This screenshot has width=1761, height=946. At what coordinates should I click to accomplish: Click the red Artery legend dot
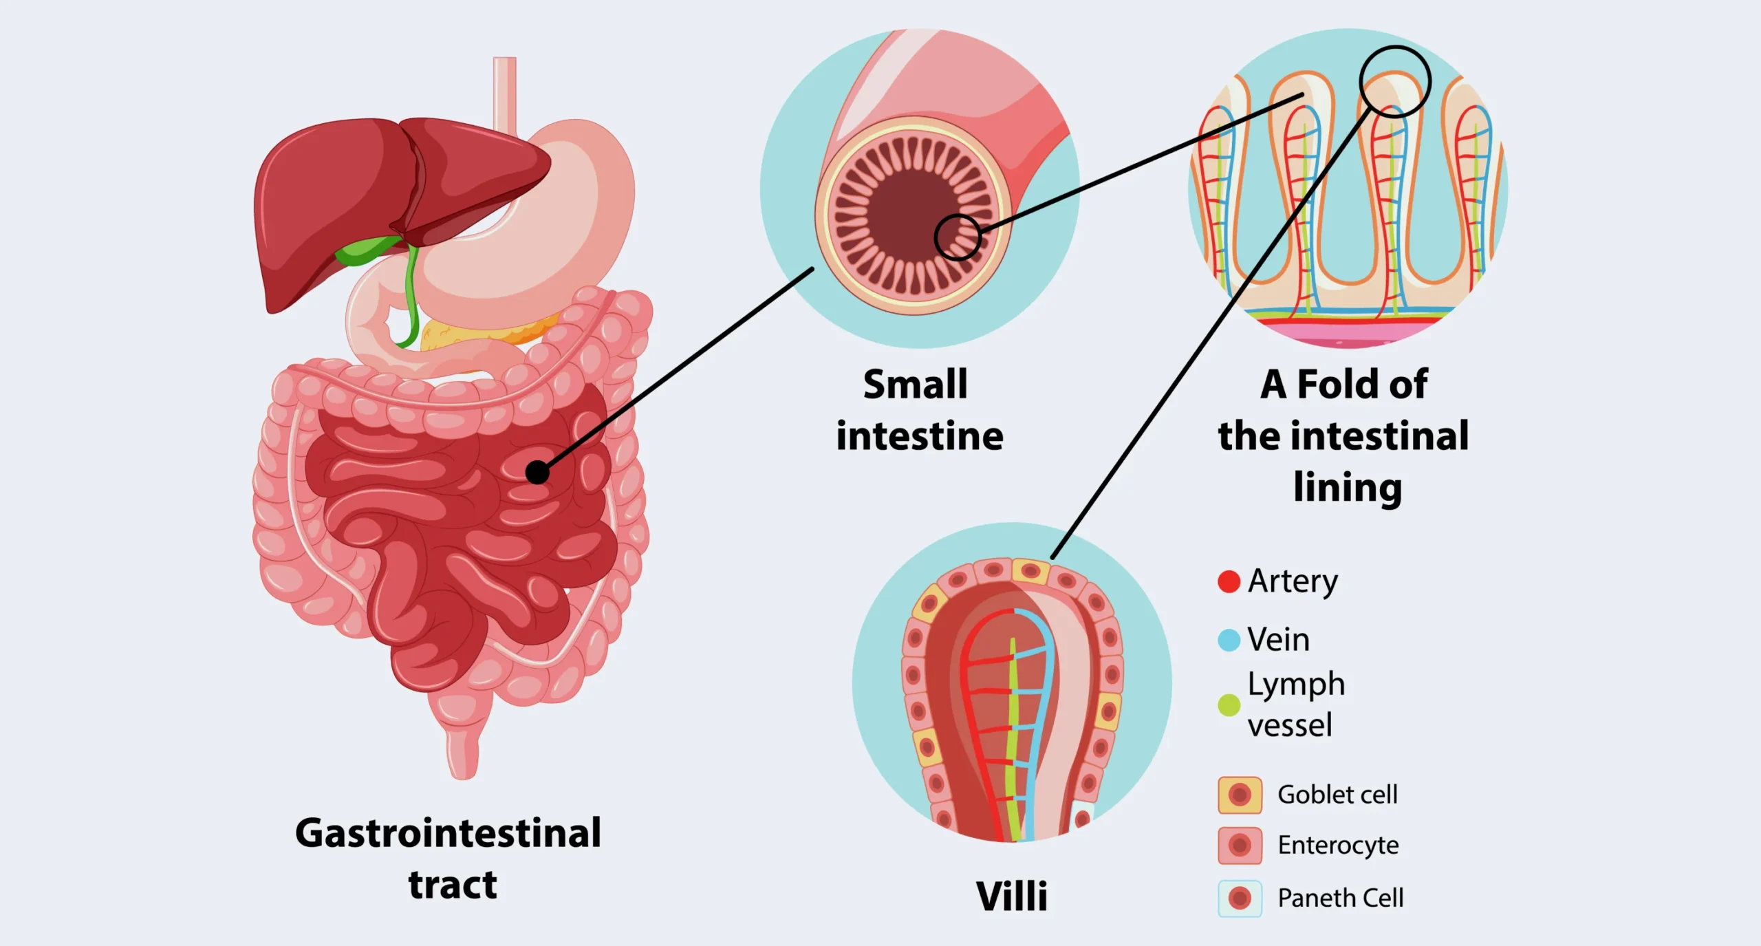[x=1229, y=581]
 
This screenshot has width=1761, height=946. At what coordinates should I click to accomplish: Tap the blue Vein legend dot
[x=1229, y=640]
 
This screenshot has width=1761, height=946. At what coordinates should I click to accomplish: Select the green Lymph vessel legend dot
[x=1229, y=705]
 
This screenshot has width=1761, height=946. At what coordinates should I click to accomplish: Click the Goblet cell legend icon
[x=1240, y=795]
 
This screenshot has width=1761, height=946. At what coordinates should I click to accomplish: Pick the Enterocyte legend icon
[x=1240, y=846]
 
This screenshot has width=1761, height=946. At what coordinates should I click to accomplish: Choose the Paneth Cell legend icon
[x=1240, y=899]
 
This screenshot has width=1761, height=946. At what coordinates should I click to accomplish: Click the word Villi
[x=1011, y=896]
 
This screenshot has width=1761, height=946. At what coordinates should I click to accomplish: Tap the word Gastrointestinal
[x=448, y=833]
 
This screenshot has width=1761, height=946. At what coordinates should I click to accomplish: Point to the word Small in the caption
[x=915, y=384]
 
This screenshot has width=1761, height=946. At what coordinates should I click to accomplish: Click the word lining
[x=1347, y=488]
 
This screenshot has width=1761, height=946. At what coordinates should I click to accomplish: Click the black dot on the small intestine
[x=537, y=473]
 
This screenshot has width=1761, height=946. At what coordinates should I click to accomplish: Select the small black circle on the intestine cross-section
[x=958, y=237]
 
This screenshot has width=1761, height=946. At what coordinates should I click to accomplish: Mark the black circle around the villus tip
[x=1395, y=82]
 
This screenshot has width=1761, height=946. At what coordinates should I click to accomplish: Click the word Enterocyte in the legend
[x=1338, y=846]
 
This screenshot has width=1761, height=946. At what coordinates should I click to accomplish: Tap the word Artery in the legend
[x=1293, y=581]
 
